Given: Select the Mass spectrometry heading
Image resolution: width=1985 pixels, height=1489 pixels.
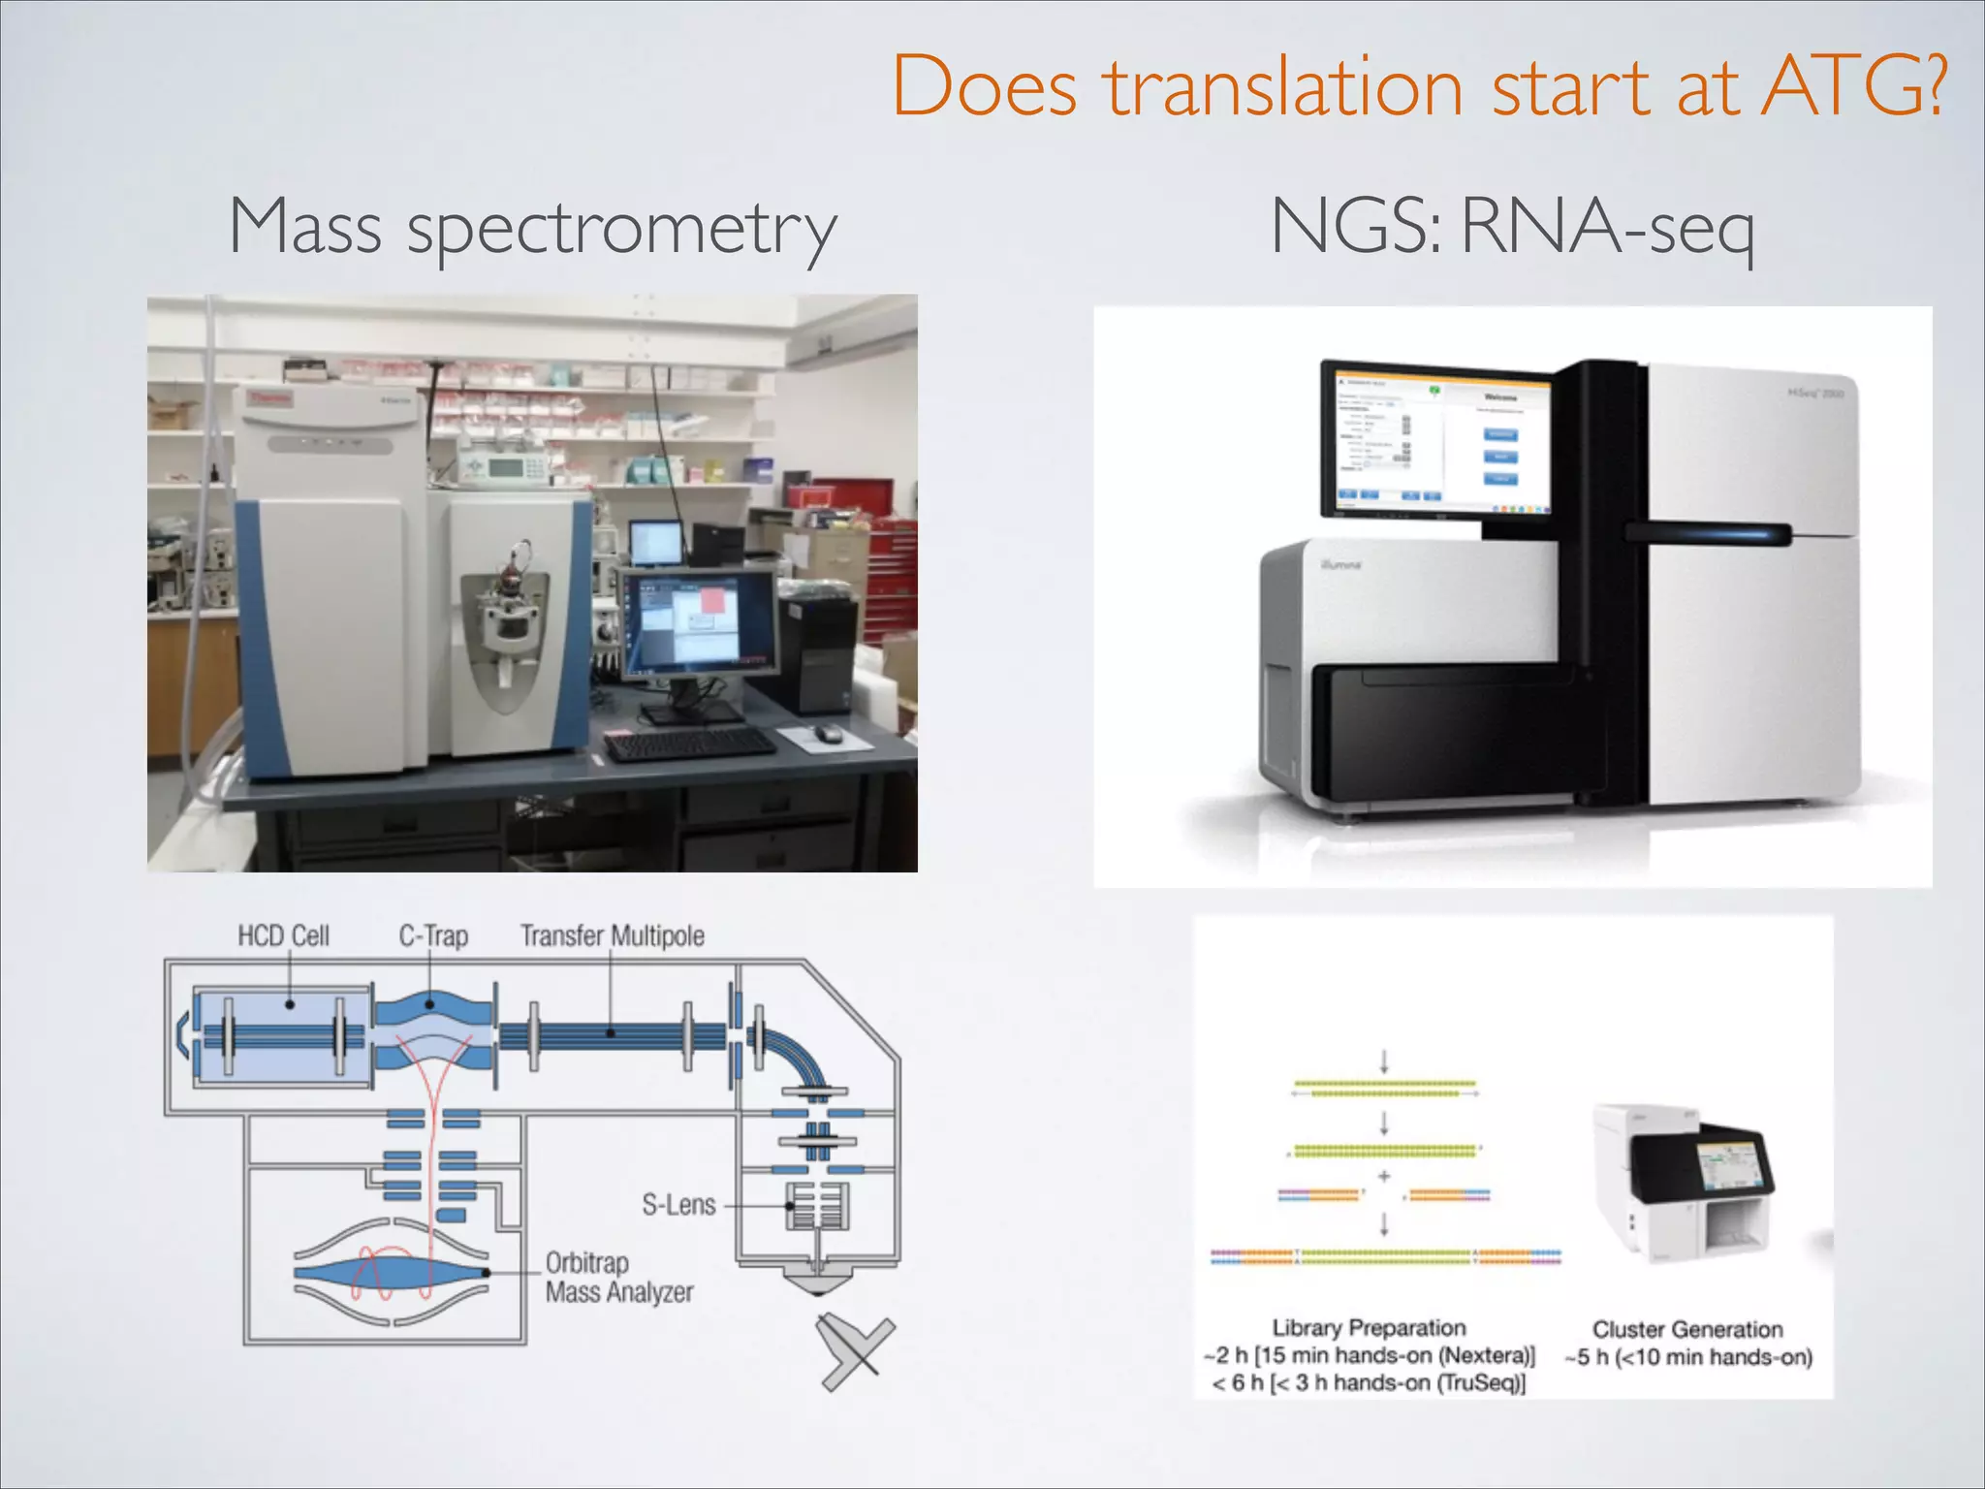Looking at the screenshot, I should point(532,228).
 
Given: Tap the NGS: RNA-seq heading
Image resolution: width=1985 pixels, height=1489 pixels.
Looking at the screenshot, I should point(1512,228).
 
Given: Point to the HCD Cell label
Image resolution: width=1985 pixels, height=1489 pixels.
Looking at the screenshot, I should point(283,935).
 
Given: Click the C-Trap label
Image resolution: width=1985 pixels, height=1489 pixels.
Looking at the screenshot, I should point(433,935).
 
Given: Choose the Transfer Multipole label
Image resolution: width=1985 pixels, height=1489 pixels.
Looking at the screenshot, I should point(612,935).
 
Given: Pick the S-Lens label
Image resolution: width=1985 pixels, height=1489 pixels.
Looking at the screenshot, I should point(678,1205).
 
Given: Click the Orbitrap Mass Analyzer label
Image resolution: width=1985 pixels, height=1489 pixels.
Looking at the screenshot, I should point(618,1278).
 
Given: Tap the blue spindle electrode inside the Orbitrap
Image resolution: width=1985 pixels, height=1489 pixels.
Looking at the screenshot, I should point(388,1272).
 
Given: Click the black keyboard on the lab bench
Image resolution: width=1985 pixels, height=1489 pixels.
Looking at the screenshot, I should point(689,744).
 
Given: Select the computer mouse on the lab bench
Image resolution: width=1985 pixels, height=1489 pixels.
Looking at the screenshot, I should point(828,734).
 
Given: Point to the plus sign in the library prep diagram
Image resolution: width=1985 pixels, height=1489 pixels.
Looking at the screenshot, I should point(1384,1176).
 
